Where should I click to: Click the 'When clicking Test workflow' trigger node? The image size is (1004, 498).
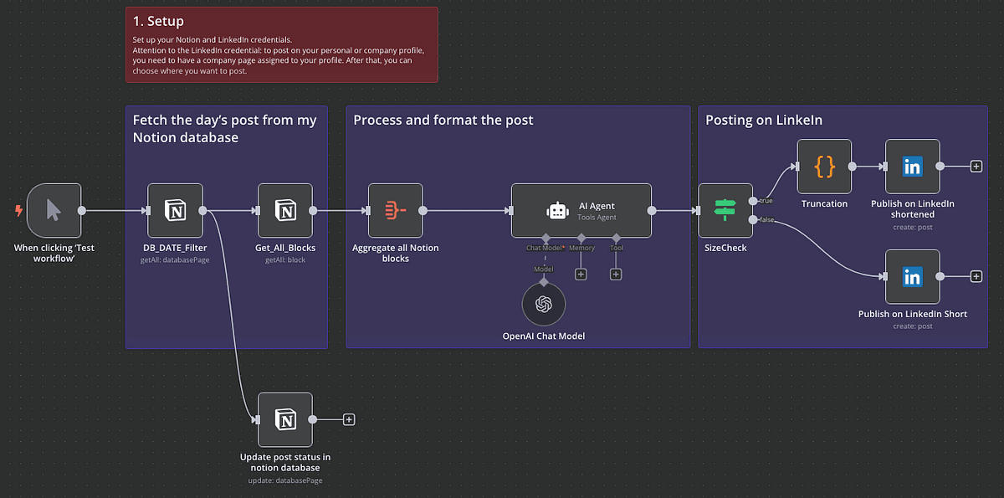[54, 211]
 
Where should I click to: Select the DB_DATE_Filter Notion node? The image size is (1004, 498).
[175, 211]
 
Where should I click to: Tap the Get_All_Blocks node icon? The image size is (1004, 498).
[285, 211]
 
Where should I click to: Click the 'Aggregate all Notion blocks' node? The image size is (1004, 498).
[396, 211]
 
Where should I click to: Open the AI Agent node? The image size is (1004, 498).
[581, 211]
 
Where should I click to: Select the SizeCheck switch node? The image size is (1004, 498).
[725, 211]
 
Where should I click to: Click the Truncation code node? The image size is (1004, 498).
[824, 167]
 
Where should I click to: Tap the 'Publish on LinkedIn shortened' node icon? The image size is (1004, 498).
[912, 167]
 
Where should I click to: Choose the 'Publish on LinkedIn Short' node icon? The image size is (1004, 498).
[912, 277]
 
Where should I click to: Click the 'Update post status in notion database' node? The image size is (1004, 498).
[285, 419]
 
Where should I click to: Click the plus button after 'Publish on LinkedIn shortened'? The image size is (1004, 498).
[976, 167]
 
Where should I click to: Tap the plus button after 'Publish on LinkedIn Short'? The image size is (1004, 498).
[976, 277]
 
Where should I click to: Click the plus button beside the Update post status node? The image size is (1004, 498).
[349, 419]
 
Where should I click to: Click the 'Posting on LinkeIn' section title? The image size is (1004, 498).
[764, 120]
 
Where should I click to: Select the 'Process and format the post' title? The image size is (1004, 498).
[443, 120]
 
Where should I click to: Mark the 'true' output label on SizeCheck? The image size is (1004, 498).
[765, 201]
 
